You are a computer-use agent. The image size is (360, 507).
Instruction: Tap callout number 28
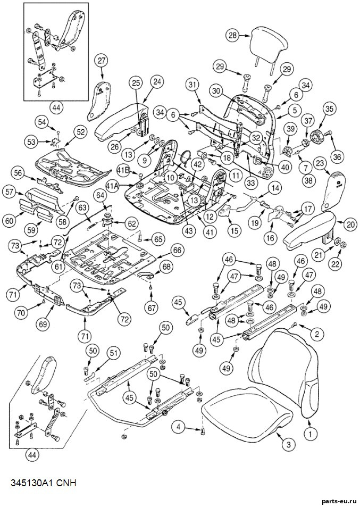coord(233,36)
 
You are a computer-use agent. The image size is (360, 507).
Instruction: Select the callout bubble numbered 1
coord(310,434)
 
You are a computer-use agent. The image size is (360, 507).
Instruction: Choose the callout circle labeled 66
coord(178,251)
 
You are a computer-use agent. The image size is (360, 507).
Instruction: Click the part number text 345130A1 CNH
coord(44,484)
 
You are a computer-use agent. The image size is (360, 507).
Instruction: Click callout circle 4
coord(179,427)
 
